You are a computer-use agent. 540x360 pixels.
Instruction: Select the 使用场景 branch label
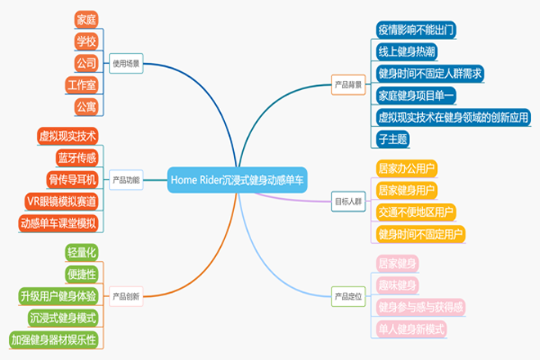pyautogui.click(x=125, y=62)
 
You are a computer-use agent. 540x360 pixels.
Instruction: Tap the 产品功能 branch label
pyautogui.click(x=125, y=180)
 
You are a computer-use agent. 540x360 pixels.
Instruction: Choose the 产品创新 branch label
pyautogui.click(x=125, y=295)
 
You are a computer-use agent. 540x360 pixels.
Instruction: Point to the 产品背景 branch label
pyautogui.click(x=349, y=83)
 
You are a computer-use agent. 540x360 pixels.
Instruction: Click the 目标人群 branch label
pyautogui.click(x=349, y=200)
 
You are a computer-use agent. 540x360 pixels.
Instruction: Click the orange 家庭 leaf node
pyautogui.click(x=85, y=18)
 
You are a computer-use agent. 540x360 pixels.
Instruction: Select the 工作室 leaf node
pyautogui.click(x=81, y=84)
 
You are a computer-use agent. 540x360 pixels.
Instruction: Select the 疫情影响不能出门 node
pyautogui.click(x=414, y=29)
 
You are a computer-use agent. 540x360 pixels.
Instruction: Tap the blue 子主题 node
pyautogui.click(x=393, y=140)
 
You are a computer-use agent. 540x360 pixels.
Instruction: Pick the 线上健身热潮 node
pyautogui.click(x=406, y=52)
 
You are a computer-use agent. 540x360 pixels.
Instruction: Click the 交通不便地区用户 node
pyautogui.click(x=414, y=213)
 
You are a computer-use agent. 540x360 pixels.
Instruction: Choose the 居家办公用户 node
pyautogui.click(x=406, y=169)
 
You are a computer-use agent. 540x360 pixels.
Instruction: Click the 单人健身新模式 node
pyautogui.click(x=411, y=329)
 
